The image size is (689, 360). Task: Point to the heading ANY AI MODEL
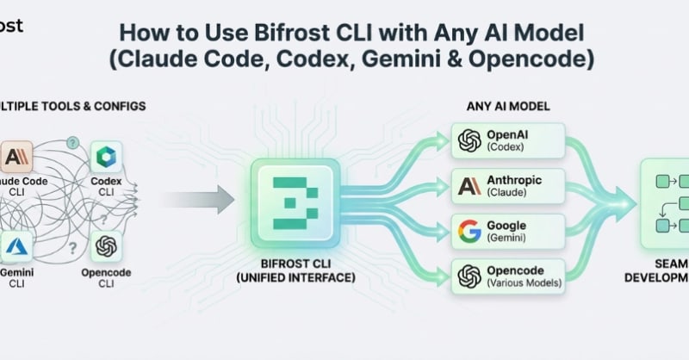click(508, 106)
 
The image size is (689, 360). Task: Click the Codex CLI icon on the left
click(106, 158)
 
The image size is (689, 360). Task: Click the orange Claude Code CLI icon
click(16, 158)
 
